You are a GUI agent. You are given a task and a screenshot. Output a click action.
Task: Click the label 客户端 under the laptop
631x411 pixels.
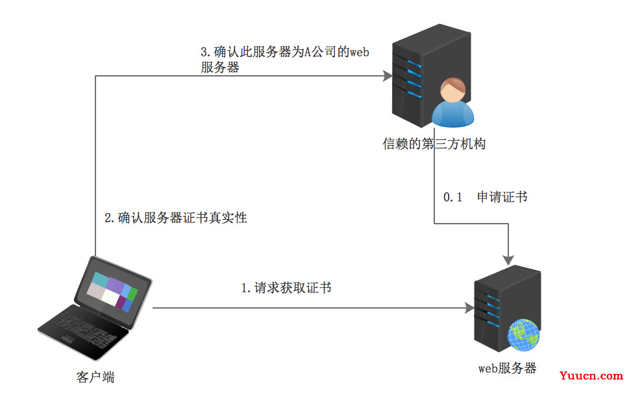(95, 377)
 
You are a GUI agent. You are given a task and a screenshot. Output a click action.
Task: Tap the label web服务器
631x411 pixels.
(508, 368)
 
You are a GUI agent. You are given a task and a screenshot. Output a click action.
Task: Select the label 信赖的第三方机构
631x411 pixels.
(434, 144)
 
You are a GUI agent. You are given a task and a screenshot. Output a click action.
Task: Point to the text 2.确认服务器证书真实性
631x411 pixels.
(176, 218)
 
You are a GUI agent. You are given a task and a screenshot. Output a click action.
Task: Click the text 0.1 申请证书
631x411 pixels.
(485, 197)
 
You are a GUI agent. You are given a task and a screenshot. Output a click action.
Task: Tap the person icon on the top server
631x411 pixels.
(453, 104)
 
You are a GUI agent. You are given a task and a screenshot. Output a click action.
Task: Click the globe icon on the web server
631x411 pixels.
(524, 336)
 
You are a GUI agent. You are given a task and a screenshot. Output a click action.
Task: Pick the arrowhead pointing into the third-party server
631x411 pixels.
(388, 76)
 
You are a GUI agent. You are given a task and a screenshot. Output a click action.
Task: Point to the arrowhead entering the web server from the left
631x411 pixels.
(469, 309)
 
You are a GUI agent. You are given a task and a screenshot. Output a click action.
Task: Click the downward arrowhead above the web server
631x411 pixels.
(508, 259)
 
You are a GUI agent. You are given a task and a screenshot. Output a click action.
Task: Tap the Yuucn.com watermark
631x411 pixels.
(591, 375)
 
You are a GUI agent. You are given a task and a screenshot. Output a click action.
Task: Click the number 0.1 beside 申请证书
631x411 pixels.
(452, 197)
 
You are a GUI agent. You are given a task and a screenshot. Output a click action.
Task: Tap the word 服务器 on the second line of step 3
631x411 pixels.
(220, 67)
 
